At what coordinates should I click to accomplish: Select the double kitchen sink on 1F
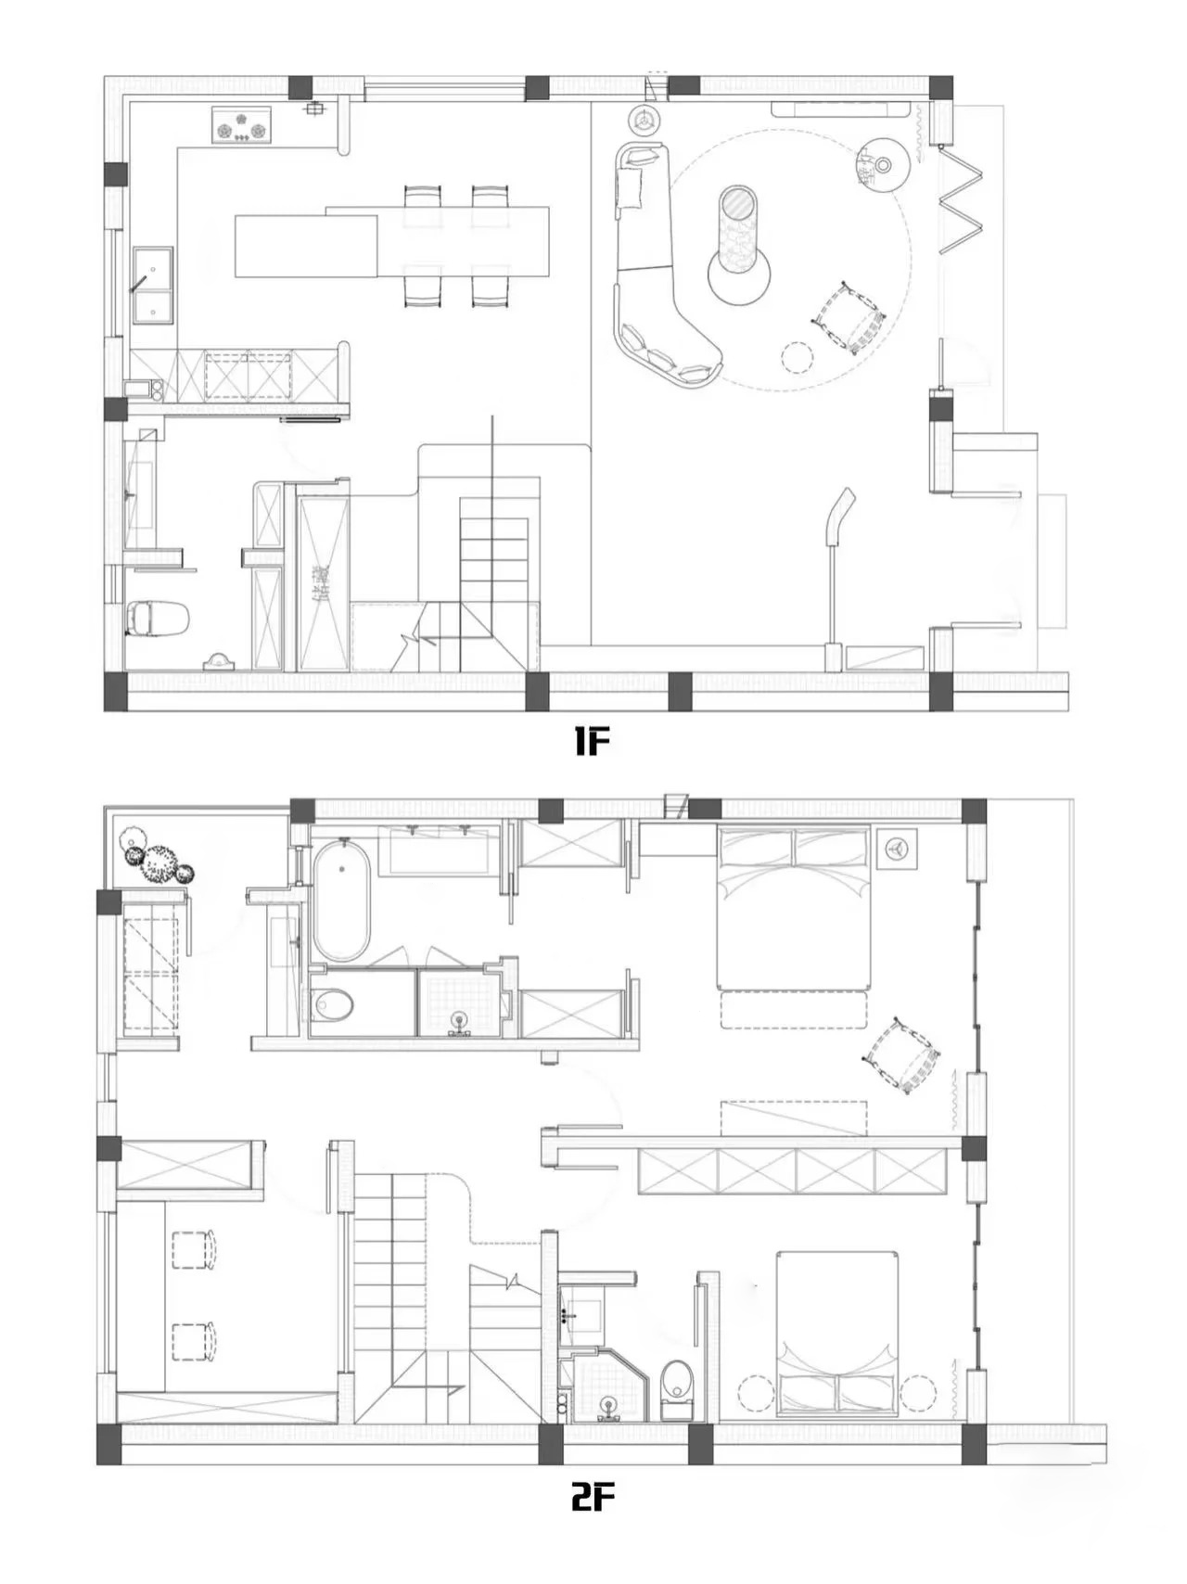coord(152,284)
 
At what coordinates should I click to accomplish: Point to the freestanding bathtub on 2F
coord(341,901)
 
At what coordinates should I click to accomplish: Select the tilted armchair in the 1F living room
coord(849,319)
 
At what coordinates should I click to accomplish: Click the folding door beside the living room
coord(962,201)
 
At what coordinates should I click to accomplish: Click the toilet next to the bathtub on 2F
coord(332,1004)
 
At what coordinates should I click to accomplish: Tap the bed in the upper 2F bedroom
coord(794,909)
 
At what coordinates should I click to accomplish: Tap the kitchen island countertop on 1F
coord(306,246)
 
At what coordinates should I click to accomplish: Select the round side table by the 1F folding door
coord(882,164)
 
